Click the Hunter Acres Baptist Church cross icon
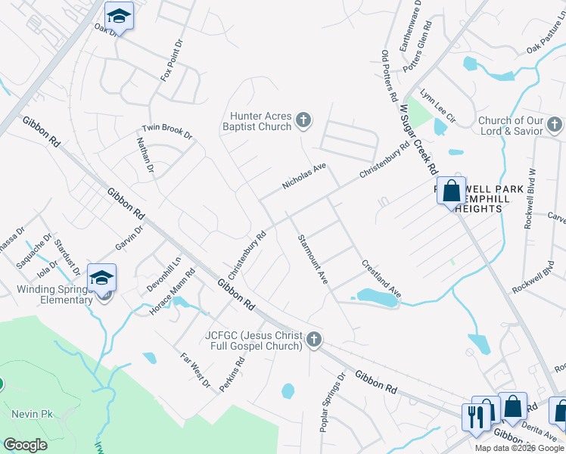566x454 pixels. coord(303,120)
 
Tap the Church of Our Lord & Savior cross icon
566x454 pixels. coord(555,124)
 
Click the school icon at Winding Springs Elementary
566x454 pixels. coord(101,278)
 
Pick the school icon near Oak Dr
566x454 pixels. coord(119,16)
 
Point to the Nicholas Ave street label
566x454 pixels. coord(303,176)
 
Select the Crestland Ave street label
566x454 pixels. coord(381,278)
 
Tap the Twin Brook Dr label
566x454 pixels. coord(167,130)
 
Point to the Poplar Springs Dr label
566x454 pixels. coord(332,402)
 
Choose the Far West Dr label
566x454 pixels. coord(195,370)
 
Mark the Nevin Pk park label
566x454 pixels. coord(30,414)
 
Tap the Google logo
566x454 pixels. coord(26,444)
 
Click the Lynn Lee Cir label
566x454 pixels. coord(439,108)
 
